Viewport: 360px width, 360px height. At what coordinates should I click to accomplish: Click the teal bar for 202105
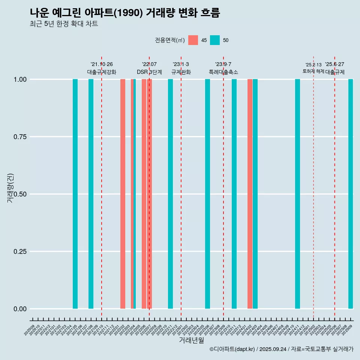coord(75,194)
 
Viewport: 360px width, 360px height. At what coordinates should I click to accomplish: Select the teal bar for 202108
coord(91,194)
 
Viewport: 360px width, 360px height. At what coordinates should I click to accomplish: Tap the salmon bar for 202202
coord(123,194)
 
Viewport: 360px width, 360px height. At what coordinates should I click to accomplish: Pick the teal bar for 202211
coord(170,194)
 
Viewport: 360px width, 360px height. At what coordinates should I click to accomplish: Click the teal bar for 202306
coord(207,194)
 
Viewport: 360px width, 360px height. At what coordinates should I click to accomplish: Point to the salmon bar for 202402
coord(250,194)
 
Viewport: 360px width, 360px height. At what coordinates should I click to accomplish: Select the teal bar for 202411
coord(297,194)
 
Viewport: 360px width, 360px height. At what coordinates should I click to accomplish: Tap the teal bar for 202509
coord(351,194)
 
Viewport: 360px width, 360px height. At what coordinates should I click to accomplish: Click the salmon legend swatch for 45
coord(193,40)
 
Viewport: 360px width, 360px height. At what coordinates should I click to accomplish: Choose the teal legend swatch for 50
coord(215,40)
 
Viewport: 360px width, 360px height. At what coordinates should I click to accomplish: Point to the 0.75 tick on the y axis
coord(20,137)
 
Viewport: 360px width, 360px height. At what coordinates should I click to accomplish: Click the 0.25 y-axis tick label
coord(20,251)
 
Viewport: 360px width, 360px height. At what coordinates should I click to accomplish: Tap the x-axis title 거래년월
coord(191,340)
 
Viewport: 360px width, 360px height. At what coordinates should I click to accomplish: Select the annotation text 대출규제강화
coord(102,72)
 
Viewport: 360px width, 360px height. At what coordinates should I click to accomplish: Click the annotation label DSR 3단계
coord(149,72)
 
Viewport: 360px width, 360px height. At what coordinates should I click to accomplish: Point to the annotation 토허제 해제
coord(313,71)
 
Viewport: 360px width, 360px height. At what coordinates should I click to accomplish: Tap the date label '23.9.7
coord(223,64)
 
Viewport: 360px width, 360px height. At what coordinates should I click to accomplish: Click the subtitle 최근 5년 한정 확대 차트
coord(64,24)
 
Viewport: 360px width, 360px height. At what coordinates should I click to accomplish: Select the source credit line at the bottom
coord(281,349)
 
